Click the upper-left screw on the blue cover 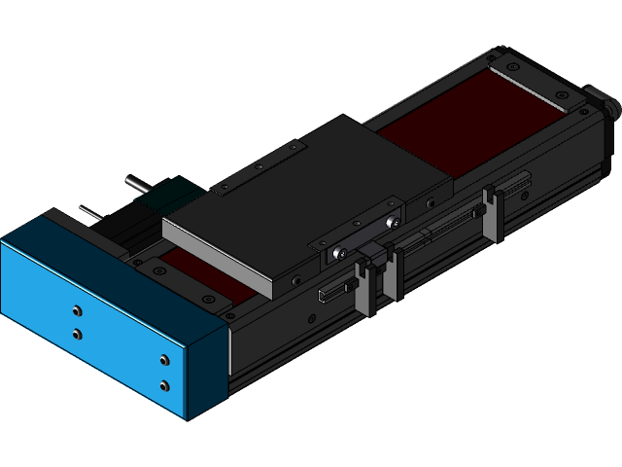coord(77,312)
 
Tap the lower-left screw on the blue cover coord(77,334)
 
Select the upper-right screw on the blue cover coord(163,363)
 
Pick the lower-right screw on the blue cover coord(163,385)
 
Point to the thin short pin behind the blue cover coord(90,211)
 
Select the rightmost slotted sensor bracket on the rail coord(493,214)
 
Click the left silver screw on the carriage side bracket coord(337,252)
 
